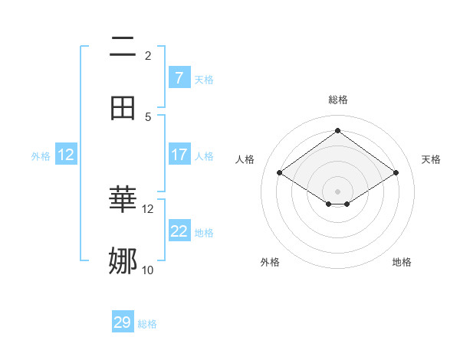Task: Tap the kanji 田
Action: (123, 108)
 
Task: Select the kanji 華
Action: (123, 200)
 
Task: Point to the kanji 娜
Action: (123, 261)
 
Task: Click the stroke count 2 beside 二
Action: (147, 55)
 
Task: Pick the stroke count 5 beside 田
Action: (147, 116)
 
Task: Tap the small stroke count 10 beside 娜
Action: (148, 270)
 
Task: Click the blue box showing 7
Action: (179, 77)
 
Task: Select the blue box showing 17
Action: (179, 155)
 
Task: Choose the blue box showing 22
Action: (179, 231)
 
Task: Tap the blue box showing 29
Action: (123, 322)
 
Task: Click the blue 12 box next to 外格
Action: (66, 155)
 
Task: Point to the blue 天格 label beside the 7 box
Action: (204, 79)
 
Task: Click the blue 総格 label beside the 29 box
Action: (147, 324)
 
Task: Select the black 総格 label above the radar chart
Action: (338, 100)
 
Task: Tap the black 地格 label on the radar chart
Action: (402, 262)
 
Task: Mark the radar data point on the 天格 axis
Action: (396, 173)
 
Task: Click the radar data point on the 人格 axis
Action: (280, 173)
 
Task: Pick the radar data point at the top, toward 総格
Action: (338, 130)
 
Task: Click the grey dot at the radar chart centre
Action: (338, 191)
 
